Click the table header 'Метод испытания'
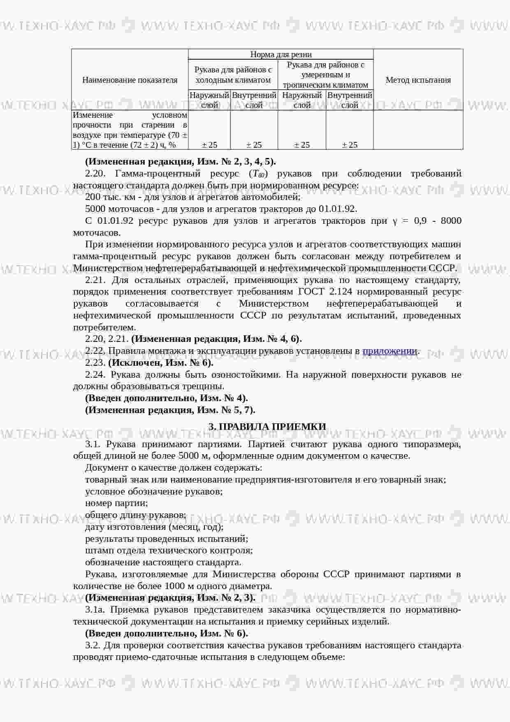(418, 80)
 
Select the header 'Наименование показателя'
(130, 80)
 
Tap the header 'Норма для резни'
(281, 54)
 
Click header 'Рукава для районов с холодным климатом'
(233, 75)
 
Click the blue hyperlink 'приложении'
(389, 351)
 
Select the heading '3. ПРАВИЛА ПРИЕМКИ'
(267, 427)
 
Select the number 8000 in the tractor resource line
(451, 221)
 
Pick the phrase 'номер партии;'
(116, 503)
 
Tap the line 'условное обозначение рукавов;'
(154, 491)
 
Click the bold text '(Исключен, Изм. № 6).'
(161, 363)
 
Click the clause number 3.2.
(94, 645)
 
